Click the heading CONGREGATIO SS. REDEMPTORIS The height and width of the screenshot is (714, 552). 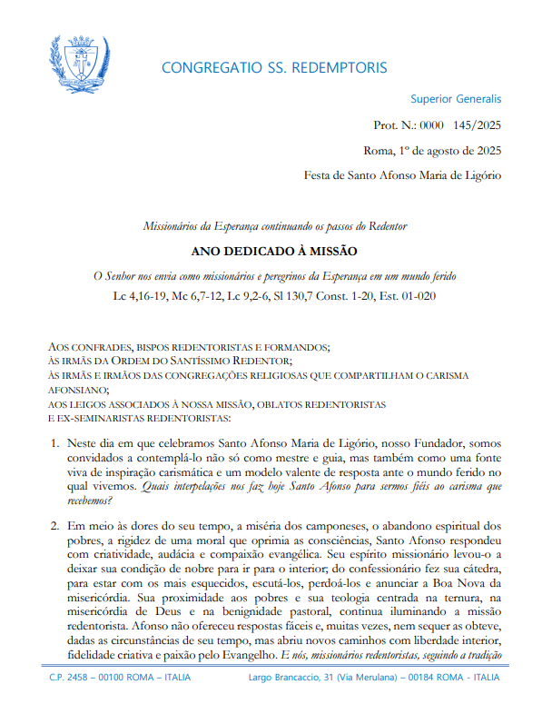(273, 68)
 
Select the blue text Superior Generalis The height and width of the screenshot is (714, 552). (456, 99)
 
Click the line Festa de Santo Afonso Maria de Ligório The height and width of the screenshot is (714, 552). (402, 175)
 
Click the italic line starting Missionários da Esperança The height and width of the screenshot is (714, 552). (274, 225)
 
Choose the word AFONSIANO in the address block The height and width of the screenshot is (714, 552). (77, 391)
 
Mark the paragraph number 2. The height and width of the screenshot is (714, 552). (54, 525)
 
